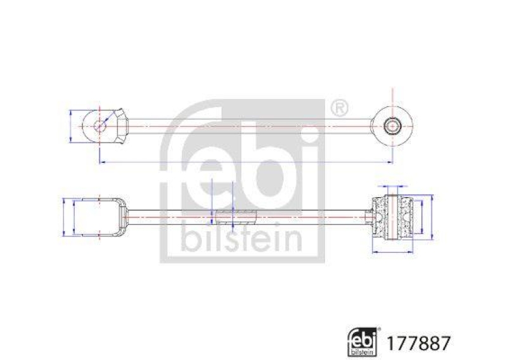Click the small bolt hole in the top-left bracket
(100, 125)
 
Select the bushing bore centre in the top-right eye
(392, 125)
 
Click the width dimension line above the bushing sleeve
(392, 187)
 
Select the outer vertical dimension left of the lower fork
(65, 217)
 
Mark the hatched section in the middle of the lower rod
(234, 217)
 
